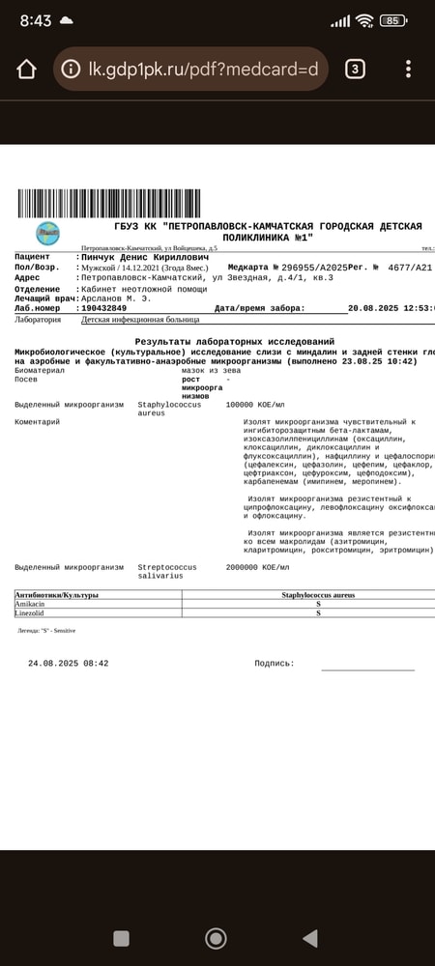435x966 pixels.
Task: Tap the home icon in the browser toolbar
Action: pyautogui.click(x=26, y=69)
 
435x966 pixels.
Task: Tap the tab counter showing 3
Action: pyautogui.click(x=355, y=69)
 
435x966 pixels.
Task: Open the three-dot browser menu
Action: pyautogui.click(x=409, y=69)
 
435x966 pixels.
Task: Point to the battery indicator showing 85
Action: pyautogui.click(x=392, y=20)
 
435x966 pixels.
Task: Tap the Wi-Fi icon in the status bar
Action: pyautogui.click(x=363, y=20)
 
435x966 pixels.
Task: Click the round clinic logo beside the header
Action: pyautogui.click(x=47, y=233)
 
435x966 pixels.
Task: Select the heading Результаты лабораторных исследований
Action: pyautogui.click(x=235, y=342)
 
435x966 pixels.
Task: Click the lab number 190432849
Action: pyautogui.click(x=103, y=308)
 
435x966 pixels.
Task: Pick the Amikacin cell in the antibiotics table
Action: pyautogui.click(x=33, y=604)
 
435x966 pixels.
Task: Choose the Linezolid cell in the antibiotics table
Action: pyautogui.click(x=33, y=613)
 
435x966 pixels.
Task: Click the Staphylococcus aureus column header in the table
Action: pyautogui.click(x=318, y=595)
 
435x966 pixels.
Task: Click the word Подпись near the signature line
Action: pyautogui.click(x=274, y=664)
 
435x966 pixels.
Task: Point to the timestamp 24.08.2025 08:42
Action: pyautogui.click(x=68, y=664)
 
